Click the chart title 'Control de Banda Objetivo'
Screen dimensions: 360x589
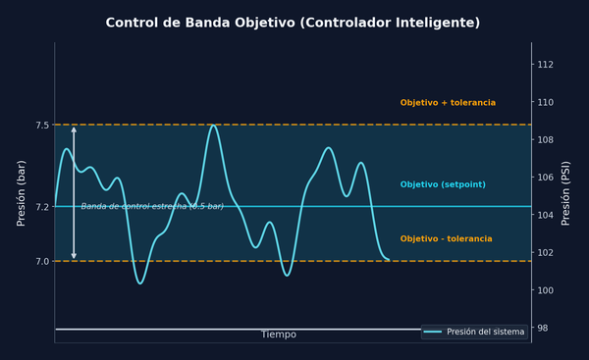(x=294, y=23)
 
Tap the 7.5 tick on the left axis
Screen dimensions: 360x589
(x=41, y=126)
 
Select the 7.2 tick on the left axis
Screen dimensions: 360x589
(x=41, y=207)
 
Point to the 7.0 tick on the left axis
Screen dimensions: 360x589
(x=41, y=261)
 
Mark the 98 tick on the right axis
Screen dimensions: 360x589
(x=543, y=329)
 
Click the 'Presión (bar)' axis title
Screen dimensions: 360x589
(x=22, y=192)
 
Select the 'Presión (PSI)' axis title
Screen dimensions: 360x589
(x=566, y=192)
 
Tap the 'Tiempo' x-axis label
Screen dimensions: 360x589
(x=278, y=334)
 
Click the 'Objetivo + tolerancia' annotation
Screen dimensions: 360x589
(x=448, y=103)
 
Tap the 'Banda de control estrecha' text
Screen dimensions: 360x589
(x=152, y=207)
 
